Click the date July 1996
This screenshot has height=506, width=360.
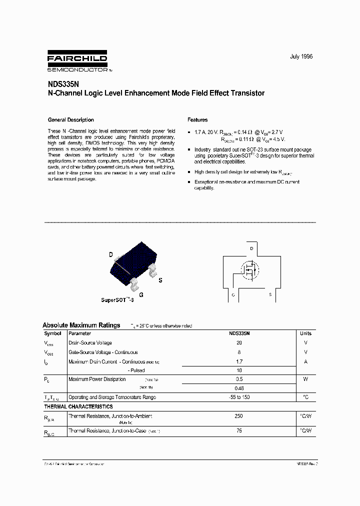pos(301,57)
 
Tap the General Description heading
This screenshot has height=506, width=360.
pos(70,120)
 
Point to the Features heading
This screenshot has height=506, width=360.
pos(197,120)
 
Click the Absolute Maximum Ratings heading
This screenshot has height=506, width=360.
pos(81,325)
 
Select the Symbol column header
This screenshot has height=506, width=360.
pos(52,333)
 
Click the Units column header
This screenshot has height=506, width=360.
pos(305,333)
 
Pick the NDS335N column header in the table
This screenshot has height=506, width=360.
pos(238,333)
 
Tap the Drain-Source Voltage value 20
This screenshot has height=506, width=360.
pos(238,343)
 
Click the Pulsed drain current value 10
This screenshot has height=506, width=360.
pos(238,370)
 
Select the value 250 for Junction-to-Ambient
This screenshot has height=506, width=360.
pos(238,416)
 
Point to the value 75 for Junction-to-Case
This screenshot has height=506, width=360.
pos(238,430)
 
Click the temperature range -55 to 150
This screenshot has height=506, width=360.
pos(238,397)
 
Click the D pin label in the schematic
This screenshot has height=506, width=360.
pos(251,248)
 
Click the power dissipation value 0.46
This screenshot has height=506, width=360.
pos(238,388)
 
